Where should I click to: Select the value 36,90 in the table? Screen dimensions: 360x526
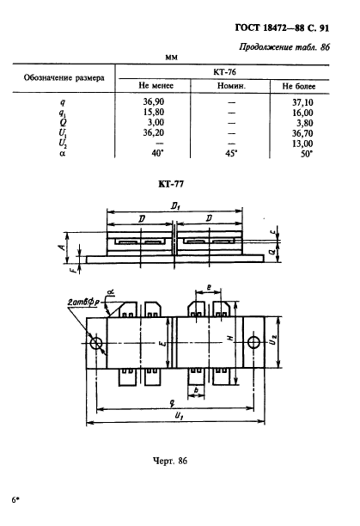tap(154, 101)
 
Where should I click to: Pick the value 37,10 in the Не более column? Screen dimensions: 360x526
tap(302, 102)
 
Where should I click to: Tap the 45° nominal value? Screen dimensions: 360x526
tap(231, 154)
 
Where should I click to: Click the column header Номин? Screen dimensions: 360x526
tap(231, 86)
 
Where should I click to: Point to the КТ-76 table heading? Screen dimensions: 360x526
tap(224, 72)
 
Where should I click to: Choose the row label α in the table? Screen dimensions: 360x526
tap(63, 155)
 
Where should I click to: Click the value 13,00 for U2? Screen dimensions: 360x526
tap(302, 144)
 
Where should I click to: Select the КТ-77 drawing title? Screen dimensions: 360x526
tap(171, 184)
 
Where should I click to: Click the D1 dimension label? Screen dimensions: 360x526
tap(175, 205)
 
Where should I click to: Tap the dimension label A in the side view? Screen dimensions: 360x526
tap(62, 248)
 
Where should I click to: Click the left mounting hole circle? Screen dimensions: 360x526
tap(96, 343)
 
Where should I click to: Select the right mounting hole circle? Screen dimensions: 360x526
tap(253, 343)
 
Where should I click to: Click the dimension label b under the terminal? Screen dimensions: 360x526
tap(197, 390)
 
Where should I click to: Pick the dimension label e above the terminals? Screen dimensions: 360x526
tap(209, 287)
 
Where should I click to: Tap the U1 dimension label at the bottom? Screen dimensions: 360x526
tap(179, 416)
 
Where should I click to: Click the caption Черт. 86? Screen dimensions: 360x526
tap(170, 461)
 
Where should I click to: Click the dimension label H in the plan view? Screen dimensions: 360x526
tap(230, 339)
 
